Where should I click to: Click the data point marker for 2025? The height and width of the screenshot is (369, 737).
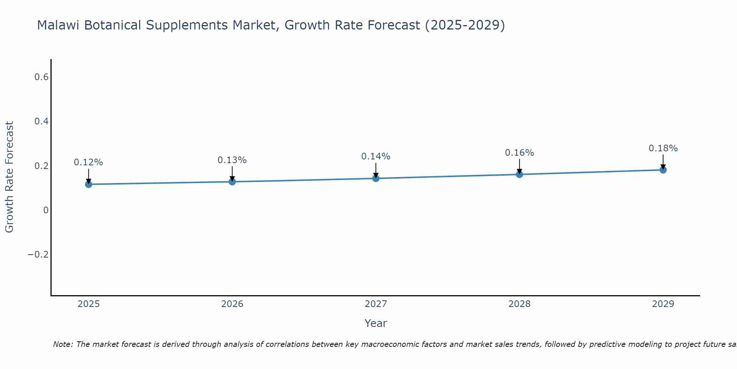pyautogui.click(x=88, y=184)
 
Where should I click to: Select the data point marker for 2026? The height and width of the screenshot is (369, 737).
pyautogui.click(x=232, y=182)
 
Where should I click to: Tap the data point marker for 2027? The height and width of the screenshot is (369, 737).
pyautogui.click(x=376, y=179)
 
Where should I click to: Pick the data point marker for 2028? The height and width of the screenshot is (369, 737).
pyautogui.click(x=519, y=174)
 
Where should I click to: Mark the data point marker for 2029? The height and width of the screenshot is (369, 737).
pyautogui.click(x=663, y=170)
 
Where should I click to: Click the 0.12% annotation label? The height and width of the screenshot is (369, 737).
pyautogui.click(x=88, y=162)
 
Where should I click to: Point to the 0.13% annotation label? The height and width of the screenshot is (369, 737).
pyautogui.click(x=232, y=160)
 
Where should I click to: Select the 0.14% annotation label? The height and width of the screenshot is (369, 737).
pyautogui.click(x=376, y=156)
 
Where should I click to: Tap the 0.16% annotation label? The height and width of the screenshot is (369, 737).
pyautogui.click(x=519, y=153)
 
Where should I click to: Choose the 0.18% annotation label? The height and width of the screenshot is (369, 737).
pyautogui.click(x=663, y=148)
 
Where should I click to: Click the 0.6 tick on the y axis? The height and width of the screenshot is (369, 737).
pyautogui.click(x=41, y=77)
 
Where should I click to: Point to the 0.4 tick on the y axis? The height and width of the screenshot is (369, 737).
pyautogui.click(x=41, y=121)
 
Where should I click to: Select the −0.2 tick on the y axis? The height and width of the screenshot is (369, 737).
pyautogui.click(x=38, y=255)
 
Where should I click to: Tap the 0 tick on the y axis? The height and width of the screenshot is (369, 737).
pyautogui.click(x=46, y=210)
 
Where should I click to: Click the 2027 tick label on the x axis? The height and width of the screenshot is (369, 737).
pyautogui.click(x=376, y=304)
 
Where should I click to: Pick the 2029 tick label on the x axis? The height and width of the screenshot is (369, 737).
pyautogui.click(x=663, y=304)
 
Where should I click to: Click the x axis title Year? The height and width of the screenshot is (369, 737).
pyautogui.click(x=376, y=323)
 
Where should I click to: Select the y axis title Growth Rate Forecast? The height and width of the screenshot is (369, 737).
pyautogui.click(x=9, y=177)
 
